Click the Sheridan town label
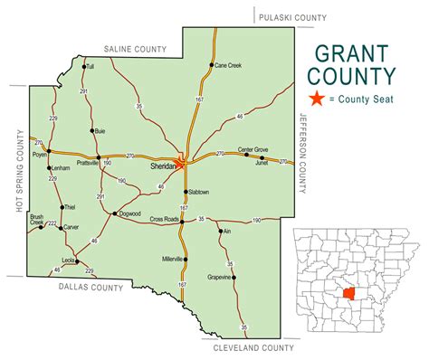pyautogui.click(x=163, y=166)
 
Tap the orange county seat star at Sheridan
pyautogui.click(x=181, y=165)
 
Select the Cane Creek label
pyautogui.click(x=228, y=66)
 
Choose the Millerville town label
pyautogui.click(x=172, y=260)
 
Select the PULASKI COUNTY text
pyautogui.click(x=291, y=16)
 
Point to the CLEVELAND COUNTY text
pyautogui.click(x=253, y=347)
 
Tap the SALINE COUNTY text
pyautogui.click(x=136, y=48)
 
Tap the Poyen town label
pyautogui.click(x=39, y=155)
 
